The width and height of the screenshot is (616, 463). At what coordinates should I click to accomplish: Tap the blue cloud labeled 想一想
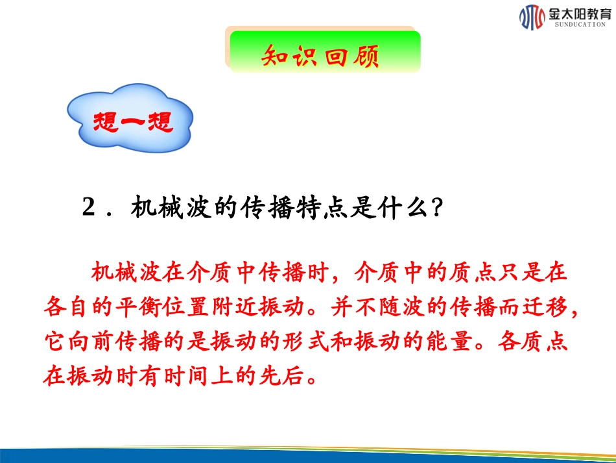133,120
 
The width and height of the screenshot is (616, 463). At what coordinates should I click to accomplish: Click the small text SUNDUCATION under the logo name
580,24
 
